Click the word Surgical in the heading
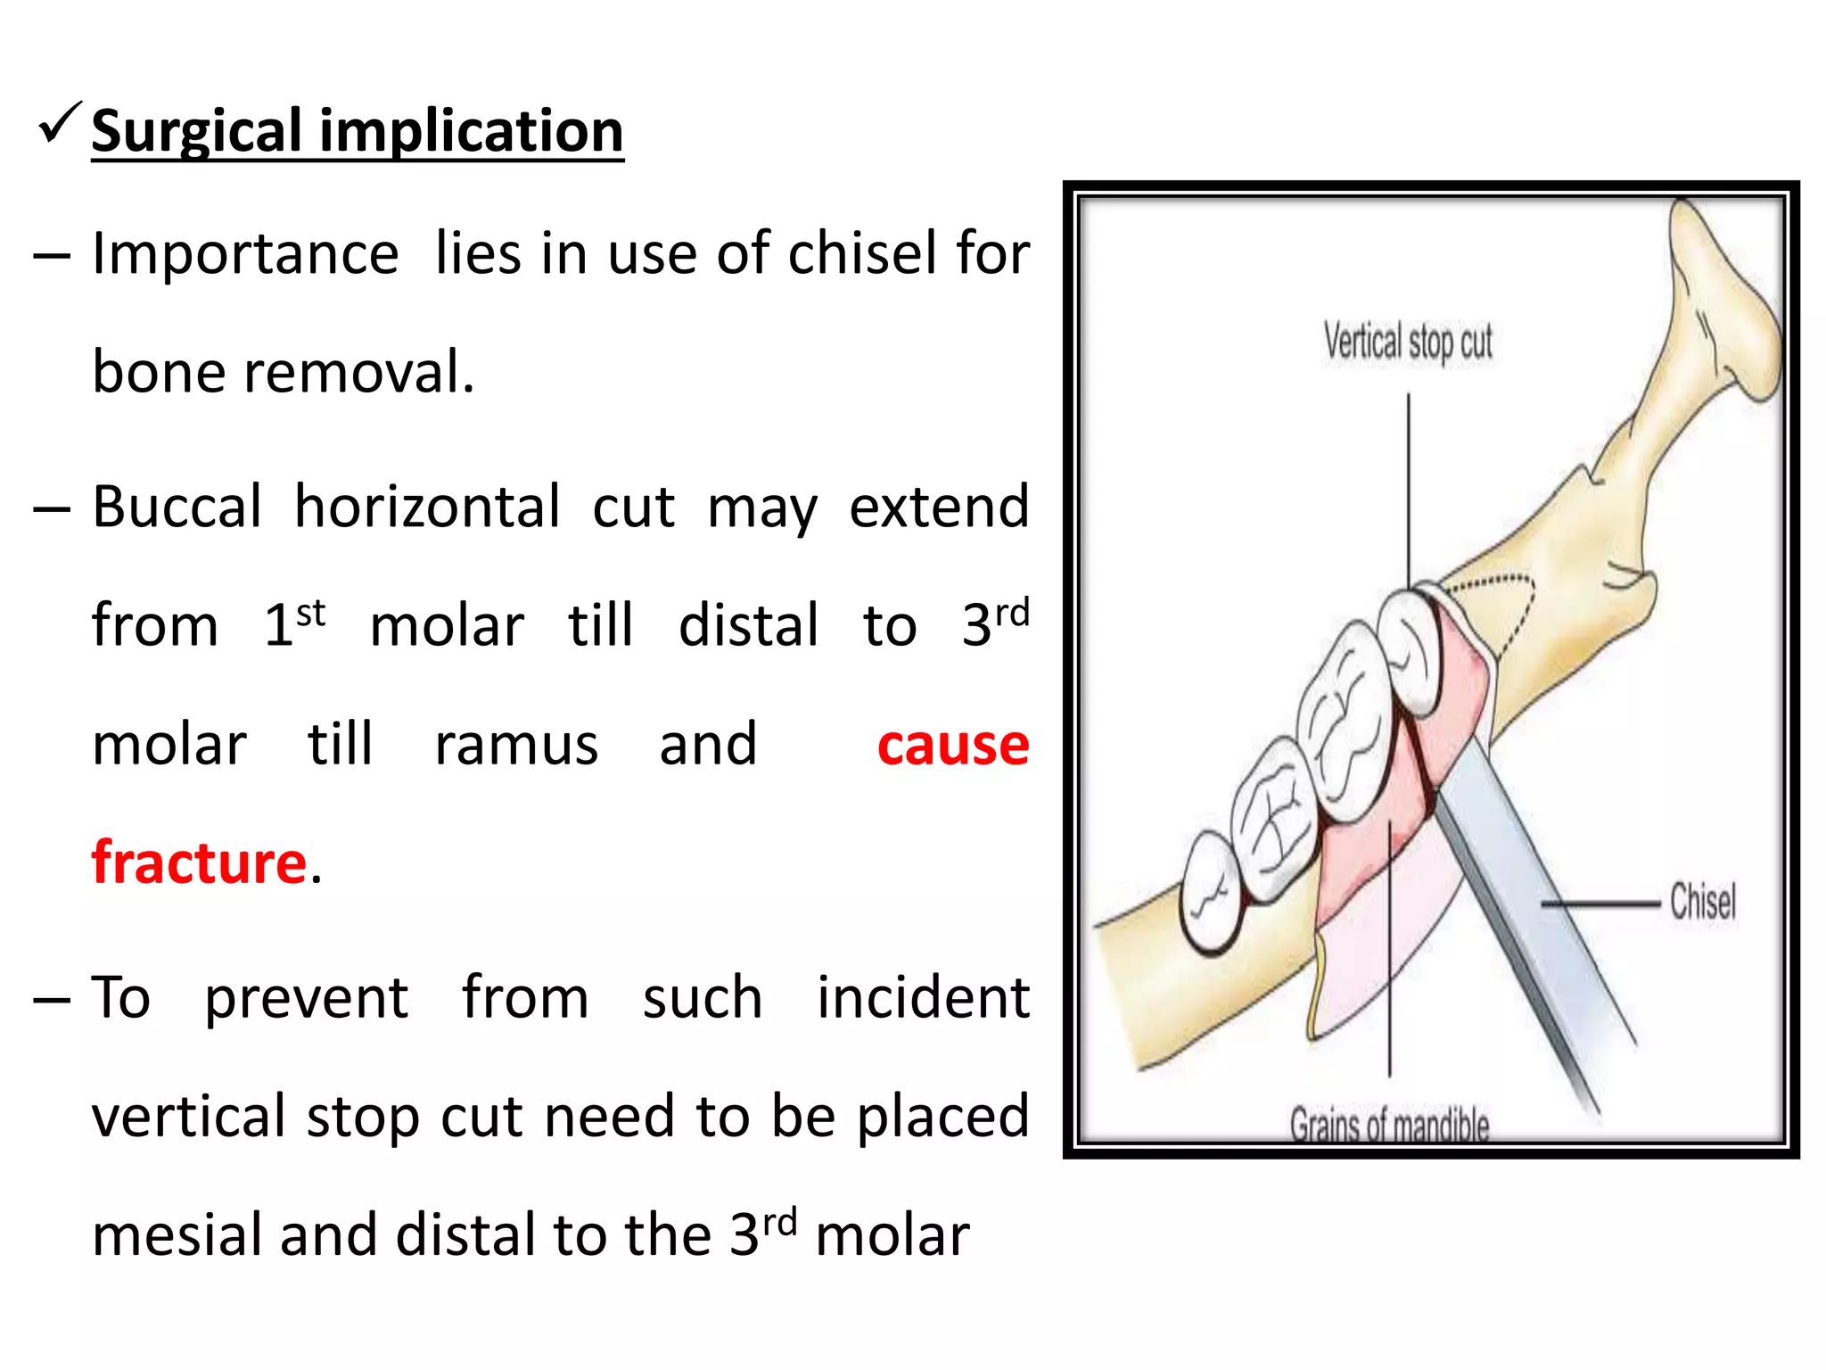[196, 131]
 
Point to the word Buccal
[177, 507]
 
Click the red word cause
[952, 745]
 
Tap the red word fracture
[199, 862]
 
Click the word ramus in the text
[515, 745]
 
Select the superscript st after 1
[311, 614]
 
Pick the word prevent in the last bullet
[306, 997]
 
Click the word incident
[923, 997]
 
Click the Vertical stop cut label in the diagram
[1407, 342]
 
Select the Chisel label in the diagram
[1702, 901]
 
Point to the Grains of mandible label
[1389, 1126]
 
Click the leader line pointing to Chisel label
[1600, 904]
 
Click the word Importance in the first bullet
[245, 252]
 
